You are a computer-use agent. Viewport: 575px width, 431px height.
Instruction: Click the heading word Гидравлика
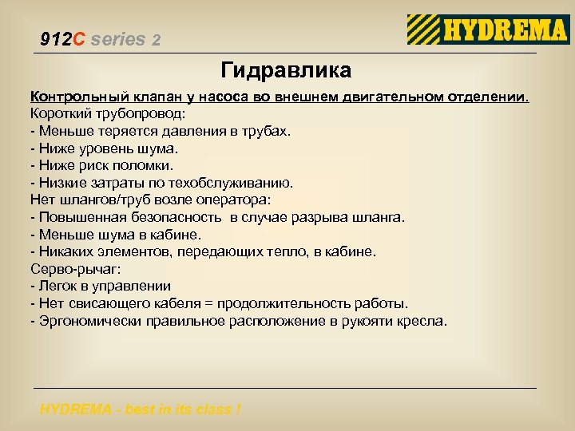coord(286,71)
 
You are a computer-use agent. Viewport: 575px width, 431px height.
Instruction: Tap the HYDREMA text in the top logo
coord(505,30)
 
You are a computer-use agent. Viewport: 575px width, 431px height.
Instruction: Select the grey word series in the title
coord(118,39)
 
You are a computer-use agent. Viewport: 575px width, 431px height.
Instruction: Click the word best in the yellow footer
coord(138,409)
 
